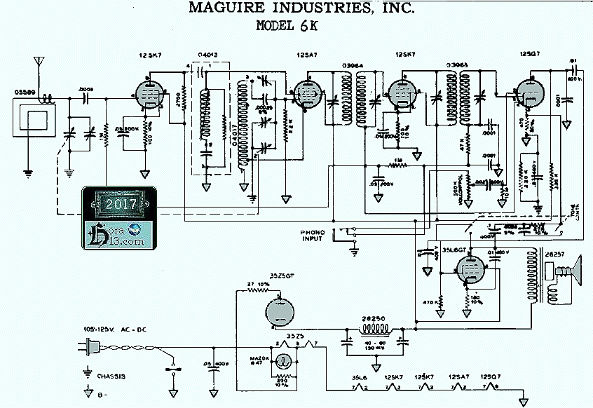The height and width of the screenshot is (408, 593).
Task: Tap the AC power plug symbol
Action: click(92, 346)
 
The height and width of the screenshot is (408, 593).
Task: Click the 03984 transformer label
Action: click(352, 66)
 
